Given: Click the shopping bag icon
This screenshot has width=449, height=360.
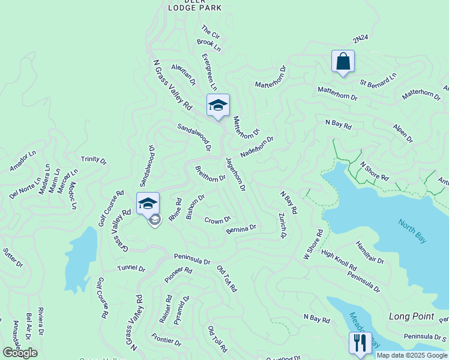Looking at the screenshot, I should point(343,61).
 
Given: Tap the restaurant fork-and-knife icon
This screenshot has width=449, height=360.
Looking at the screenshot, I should point(360,343).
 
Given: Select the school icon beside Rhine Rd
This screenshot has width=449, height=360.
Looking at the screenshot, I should point(148,203).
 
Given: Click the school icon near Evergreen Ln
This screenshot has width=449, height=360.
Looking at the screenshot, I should point(218,105).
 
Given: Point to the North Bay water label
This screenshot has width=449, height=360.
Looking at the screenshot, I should point(413,230).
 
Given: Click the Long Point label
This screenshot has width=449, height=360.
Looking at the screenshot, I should point(411,316).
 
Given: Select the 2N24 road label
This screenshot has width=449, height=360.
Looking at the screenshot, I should point(360,39).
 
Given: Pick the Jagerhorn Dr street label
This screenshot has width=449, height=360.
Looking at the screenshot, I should point(235,174).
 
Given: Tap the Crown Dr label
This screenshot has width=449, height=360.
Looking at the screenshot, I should point(218,220).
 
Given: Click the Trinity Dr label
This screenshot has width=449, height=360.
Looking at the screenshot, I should point(94,160).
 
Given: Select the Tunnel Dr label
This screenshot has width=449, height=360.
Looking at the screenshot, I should point(131,268).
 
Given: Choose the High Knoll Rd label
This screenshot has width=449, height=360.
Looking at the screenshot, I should point(339,260).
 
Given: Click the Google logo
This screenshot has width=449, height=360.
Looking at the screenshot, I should point(20,352).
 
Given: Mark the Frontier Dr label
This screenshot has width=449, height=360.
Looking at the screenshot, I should point(166,340).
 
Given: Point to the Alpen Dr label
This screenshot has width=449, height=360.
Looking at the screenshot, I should point(403,134).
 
